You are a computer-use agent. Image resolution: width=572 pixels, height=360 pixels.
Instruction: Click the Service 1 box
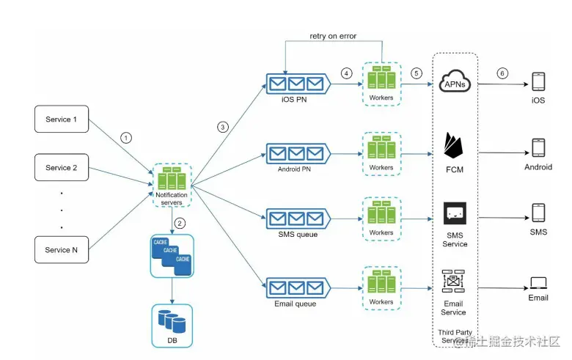(62, 120)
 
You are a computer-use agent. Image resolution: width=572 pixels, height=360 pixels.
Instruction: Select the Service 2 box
(62, 168)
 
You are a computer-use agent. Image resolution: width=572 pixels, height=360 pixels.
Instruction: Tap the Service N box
(62, 250)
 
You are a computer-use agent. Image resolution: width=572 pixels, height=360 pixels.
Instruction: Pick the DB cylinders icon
(171, 320)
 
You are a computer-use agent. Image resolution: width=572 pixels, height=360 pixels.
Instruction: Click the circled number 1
(126, 136)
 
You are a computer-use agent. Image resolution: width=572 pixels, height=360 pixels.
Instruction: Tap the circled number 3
(223, 127)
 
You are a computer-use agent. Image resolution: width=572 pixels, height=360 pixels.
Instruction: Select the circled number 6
(502, 73)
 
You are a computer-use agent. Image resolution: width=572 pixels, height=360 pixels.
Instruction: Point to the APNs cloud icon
(455, 83)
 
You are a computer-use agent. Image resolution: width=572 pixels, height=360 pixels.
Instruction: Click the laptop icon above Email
(538, 283)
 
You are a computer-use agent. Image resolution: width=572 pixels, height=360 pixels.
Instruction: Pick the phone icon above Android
(538, 148)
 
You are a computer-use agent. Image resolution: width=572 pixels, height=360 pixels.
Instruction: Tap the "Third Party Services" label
(455, 337)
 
